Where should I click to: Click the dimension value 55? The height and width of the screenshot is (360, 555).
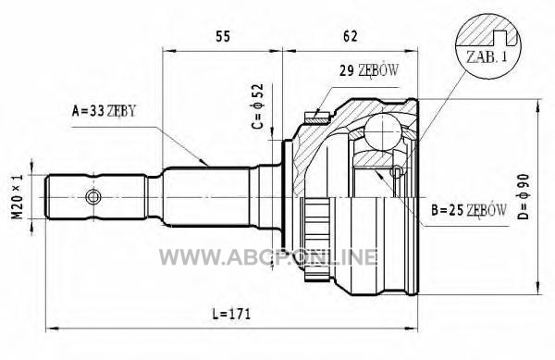(223, 36)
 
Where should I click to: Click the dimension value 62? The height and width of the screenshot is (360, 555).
(351, 36)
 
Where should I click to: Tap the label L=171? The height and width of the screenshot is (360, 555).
(231, 314)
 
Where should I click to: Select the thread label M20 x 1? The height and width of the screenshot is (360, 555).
(18, 196)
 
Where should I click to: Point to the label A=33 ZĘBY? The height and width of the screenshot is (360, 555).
(104, 111)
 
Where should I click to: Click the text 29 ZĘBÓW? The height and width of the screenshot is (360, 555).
(369, 70)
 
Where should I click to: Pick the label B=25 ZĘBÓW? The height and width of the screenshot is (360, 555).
(469, 210)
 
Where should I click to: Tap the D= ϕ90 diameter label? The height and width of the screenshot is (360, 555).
(524, 197)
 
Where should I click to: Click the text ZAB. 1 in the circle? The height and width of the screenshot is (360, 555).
(487, 57)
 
